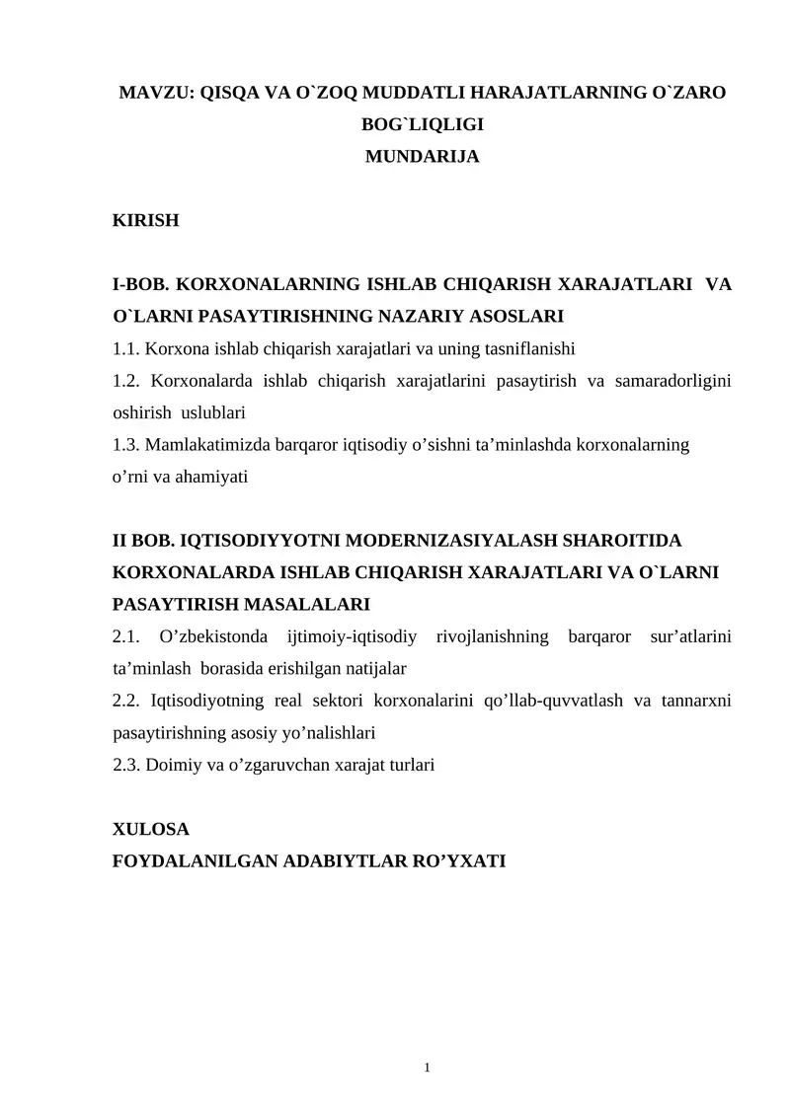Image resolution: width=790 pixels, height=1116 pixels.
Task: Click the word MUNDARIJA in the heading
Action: (423, 156)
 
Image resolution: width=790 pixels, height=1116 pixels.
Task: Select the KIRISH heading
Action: (146, 220)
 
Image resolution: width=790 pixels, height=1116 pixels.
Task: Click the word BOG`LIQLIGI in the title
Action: (423, 125)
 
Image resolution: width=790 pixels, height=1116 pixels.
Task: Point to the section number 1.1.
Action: (125, 348)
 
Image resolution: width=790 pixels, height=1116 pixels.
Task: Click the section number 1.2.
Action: (125, 381)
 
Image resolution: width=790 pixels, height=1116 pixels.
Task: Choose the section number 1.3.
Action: (125, 444)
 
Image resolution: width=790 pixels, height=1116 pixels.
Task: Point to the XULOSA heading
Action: (151, 829)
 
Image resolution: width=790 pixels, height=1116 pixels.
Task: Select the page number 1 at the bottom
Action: (426, 1067)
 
